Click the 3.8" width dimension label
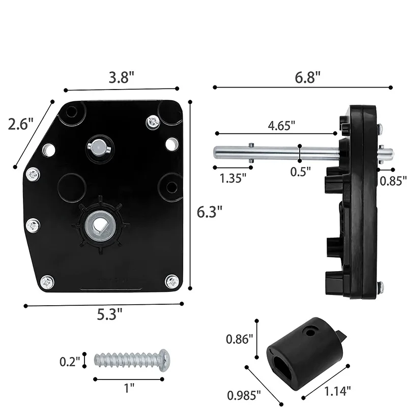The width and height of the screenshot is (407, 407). (x=122, y=77)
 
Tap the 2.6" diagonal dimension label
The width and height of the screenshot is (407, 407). (x=21, y=124)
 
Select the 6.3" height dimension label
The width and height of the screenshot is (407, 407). (x=210, y=212)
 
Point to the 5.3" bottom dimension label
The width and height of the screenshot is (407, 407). (x=109, y=314)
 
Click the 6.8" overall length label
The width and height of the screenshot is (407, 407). (x=308, y=77)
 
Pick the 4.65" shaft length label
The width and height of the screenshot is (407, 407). (x=282, y=126)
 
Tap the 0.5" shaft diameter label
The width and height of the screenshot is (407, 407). (x=300, y=172)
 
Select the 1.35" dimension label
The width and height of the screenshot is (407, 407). (x=233, y=179)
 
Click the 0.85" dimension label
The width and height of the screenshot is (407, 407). (x=393, y=181)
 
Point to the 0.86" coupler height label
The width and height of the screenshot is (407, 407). (x=239, y=339)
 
